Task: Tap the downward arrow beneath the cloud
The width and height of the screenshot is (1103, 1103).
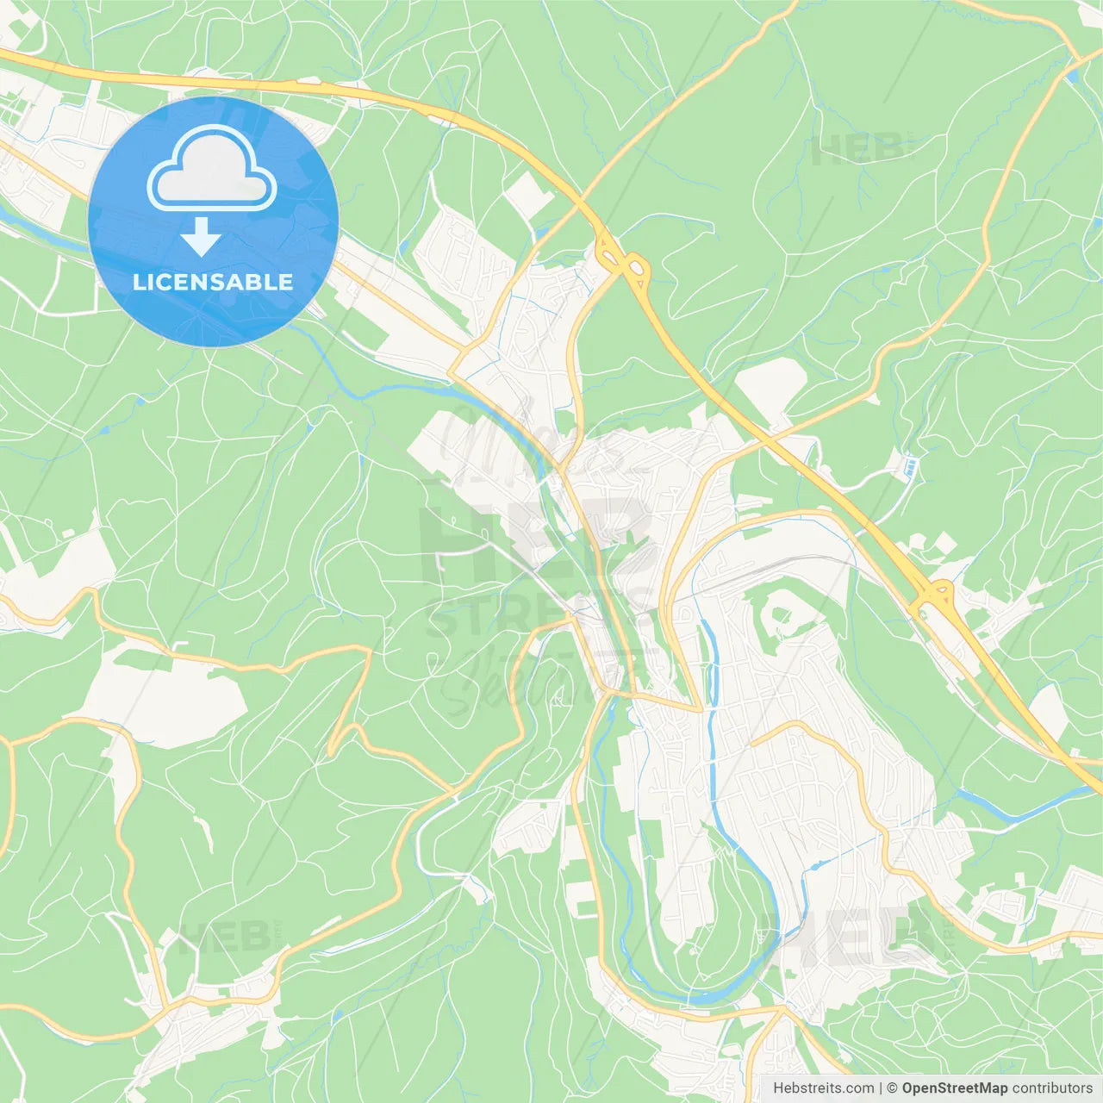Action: click(x=201, y=237)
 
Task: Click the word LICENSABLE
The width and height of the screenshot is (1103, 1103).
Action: click(x=213, y=282)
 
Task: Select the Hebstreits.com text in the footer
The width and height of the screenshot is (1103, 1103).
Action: click(x=823, y=1088)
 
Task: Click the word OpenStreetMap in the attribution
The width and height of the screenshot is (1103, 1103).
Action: click(x=954, y=1088)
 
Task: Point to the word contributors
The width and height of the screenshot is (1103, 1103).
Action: click(x=1052, y=1088)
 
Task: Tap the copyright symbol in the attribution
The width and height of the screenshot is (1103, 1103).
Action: click(x=892, y=1088)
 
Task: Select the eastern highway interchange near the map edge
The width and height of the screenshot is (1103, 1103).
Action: click(x=933, y=595)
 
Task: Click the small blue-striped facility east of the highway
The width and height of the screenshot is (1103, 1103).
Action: click(x=911, y=468)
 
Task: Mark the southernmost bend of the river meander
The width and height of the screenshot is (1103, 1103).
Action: click(x=707, y=997)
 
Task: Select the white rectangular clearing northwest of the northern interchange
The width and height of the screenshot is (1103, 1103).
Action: click(x=528, y=195)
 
